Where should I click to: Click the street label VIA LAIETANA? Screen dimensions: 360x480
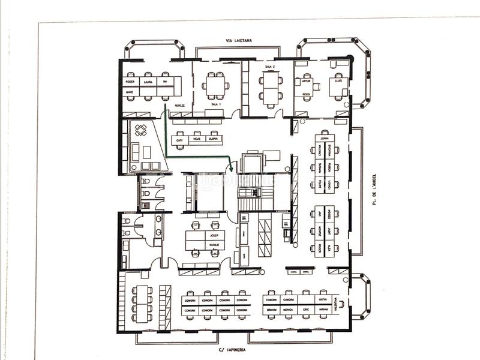pyautogui.click(x=239, y=41)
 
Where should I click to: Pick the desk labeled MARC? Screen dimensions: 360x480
pyautogui.click(x=130, y=92)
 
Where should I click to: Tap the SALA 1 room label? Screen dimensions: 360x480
pyautogui.click(x=216, y=104)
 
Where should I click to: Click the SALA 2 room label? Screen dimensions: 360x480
pyautogui.click(x=269, y=67)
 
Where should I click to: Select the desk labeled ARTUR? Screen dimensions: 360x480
pyautogui.click(x=307, y=81)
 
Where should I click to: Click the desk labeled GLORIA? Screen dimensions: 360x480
pyautogui.click(x=212, y=139)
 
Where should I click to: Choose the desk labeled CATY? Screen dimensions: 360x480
pyautogui.click(x=179, y=139)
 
